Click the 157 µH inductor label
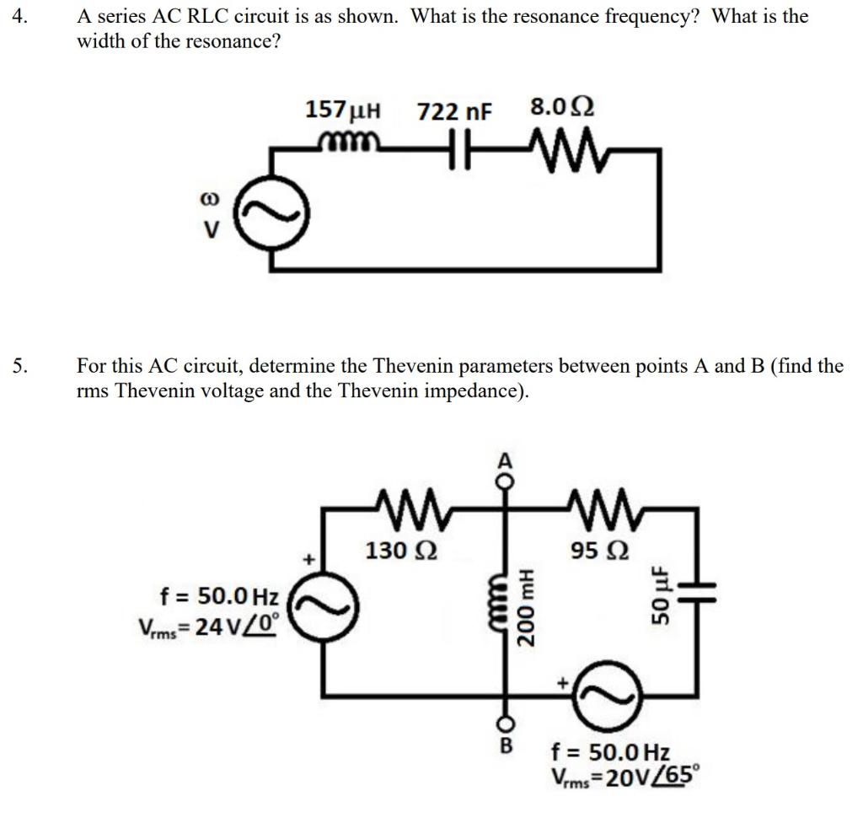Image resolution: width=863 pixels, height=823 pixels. pos(343,110)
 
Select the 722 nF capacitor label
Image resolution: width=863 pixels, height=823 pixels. pos(456,111)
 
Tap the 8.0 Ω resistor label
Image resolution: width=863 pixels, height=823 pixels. pos(562,108)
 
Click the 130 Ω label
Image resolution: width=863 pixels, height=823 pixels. pos(400,551)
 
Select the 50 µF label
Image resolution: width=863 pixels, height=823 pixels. pos(661,595)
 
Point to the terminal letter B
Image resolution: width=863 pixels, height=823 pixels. pos(506,745)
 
